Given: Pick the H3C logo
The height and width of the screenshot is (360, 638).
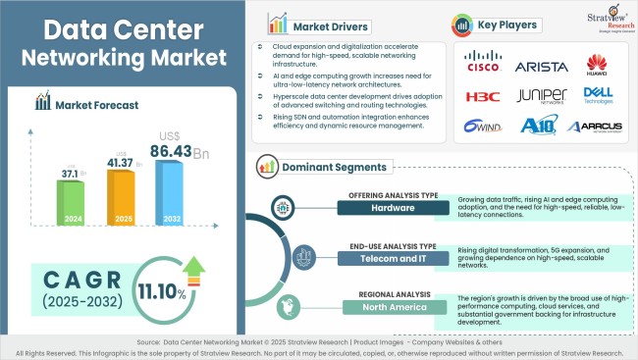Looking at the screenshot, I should tap(483, 96).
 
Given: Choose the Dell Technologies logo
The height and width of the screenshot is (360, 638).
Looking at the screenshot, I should tap(598, 94).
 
